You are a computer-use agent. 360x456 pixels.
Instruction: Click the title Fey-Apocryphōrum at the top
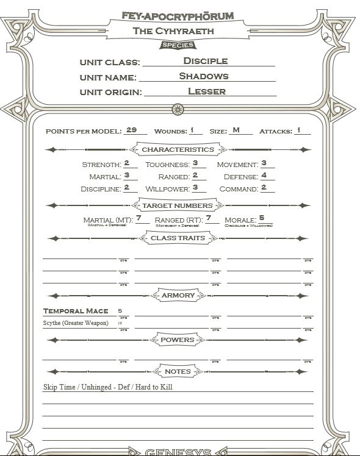pos(178,16)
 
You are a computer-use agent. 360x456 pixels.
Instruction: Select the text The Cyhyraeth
pos(178,30)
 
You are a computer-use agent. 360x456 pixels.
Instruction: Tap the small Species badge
pos(178,45)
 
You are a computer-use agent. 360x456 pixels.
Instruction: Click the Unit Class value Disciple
pos(205,61)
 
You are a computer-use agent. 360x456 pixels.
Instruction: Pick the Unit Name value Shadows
pos(204,76)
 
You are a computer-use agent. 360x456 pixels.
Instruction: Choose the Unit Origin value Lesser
pos(207,91)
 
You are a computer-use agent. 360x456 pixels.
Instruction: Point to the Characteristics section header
pos(178,149)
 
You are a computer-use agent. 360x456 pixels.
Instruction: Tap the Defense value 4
pos(264,176)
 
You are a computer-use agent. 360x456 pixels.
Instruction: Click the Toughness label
pos(167,165)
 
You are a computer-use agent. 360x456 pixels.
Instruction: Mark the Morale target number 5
pos(261,218)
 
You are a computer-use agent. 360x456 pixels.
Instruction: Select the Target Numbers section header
pos(177,205)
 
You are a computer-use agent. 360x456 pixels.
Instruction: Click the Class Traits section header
pos(178,238)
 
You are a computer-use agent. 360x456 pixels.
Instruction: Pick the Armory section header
pos(178,296)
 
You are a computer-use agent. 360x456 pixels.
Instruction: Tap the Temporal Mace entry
pos(76,311)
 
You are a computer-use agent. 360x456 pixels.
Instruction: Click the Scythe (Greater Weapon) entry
pos(76,323)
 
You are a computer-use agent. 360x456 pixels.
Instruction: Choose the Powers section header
pos(178,340)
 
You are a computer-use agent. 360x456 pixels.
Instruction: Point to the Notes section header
pos(178,371)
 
